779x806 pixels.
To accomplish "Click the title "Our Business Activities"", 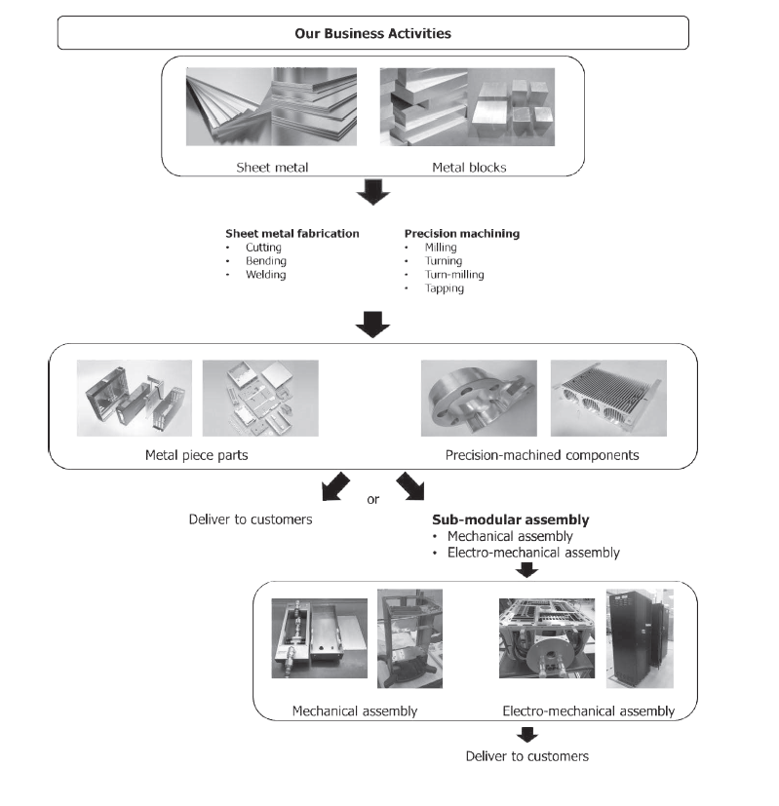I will tap(372, 33).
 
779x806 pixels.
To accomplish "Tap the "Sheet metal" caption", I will tap(272, 167).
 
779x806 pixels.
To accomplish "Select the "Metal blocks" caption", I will tap(469, 167).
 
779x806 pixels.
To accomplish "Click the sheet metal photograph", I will tap(273, 108).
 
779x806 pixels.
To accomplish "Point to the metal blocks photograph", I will tap(467, 108).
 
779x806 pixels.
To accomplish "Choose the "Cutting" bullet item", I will tap(265, 248).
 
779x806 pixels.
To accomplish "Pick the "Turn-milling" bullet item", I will tap(453, 275).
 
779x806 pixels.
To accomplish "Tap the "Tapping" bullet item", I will tap(444, 288).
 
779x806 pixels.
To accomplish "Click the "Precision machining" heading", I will tap(461, 233).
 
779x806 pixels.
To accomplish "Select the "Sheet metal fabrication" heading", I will tap(292, 233).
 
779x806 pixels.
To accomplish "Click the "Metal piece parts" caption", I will tap(195, 454).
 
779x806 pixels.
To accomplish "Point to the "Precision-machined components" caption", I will tap(541, 454).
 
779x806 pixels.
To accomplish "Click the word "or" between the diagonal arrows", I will tap(372, 500).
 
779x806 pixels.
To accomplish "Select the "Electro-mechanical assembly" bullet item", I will tap(532, 553).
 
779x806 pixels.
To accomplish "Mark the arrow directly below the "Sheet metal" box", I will tap(372, 194).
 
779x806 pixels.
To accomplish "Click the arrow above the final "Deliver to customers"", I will tap(526, 735).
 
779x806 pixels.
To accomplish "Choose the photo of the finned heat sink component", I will tap(608, 398).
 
